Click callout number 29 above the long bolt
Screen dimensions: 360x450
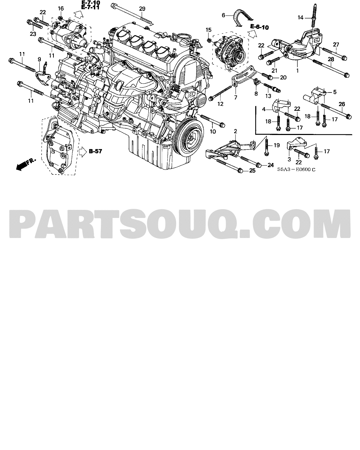click(142, 9)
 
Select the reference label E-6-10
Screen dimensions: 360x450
click(259, 27)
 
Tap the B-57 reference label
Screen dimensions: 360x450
click(95, 151)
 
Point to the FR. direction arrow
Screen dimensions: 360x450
click(26, 164)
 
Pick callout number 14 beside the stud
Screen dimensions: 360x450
click(300, 18)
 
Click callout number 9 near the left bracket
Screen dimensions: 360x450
click(39, 59)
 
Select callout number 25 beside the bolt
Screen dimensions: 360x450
click(252, 171)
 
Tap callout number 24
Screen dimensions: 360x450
click(271, 165)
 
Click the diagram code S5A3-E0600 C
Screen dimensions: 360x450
click(296, 169)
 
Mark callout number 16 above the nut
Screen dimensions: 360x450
click(61, 8)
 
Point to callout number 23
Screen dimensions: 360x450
click(33, 34)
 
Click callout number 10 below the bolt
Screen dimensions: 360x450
click(213, 131)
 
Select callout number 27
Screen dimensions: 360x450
click(336, 45)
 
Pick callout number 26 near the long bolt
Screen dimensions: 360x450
click(342, 104)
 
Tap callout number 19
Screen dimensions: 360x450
click(277, 145)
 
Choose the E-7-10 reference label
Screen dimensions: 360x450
click(91, 3)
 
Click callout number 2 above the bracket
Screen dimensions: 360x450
click(236, 131)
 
